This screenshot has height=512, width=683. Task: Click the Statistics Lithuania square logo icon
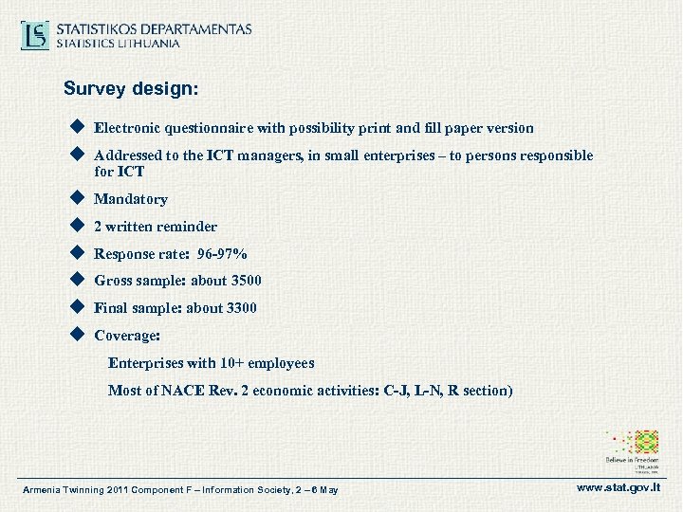(x=36, y=36)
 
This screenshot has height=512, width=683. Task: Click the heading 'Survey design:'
(x=131, y=89)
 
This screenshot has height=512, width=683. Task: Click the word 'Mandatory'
(x=131, y=199)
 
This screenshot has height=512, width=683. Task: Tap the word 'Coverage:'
(x=127, y=336)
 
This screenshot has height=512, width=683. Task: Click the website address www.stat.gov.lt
(x=617, y=488)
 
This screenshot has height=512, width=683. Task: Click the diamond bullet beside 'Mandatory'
(x=77, y=198)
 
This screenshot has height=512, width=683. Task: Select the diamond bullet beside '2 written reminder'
(x=77, y=226)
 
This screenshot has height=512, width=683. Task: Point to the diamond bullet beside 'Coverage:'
(x=77, y=335)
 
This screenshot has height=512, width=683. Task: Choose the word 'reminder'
(x=188, y=227)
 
